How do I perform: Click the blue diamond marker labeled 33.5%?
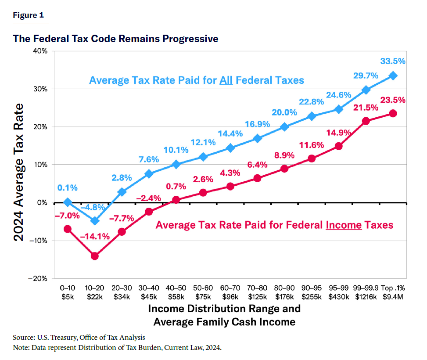pos(393,76)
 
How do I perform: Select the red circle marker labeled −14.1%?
pos(95,256)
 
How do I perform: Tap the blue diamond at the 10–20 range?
pos(95,221)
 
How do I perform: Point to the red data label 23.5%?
pos(392,100)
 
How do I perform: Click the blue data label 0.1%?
pos(67,188)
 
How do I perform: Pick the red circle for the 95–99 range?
pos(339,146)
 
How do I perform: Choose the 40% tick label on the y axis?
pos(40,51)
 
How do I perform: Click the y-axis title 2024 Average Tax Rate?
pos(18,172)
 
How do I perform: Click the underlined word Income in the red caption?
pos(344,225)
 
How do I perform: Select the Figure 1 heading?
pos(29,15)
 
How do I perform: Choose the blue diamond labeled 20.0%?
pos(284,127)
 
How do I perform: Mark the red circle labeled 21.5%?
pos(366,121)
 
